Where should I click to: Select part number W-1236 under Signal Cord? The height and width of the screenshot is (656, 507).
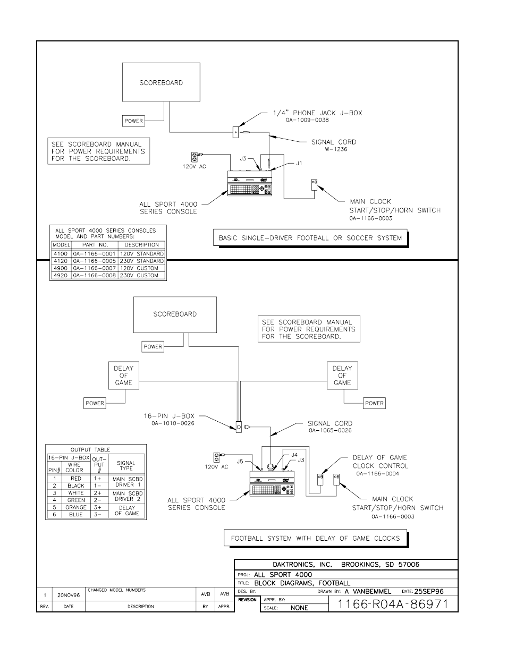coord(336,149)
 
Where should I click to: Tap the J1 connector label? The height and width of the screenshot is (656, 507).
coord(299,164)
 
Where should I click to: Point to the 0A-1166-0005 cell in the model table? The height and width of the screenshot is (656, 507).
coord(94,261)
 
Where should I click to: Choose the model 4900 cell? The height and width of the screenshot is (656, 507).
coord(61,268)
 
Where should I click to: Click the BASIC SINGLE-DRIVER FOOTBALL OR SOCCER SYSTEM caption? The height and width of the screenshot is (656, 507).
coord(310,238)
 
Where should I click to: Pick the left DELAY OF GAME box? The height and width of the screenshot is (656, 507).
coord(123,375)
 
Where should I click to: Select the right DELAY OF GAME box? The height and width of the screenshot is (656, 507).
coord(342,375)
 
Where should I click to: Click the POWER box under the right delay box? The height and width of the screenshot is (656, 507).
coord(374,403)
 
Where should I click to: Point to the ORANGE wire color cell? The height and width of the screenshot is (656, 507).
coord(76,507)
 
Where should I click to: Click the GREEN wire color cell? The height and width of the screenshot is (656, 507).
coord(76,500)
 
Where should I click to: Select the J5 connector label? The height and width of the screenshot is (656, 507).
coord(241,462)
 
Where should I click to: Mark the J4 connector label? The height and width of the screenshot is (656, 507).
coord(294,455)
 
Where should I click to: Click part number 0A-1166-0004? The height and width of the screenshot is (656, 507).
coord(377,474)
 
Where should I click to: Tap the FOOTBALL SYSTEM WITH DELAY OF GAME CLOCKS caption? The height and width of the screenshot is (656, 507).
coord(315,538)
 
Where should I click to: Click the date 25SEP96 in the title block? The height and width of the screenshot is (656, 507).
coord(428,591)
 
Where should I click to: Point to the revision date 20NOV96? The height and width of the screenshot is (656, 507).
coord(69,596)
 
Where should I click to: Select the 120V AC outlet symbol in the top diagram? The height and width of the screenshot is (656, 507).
coord(195,157)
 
